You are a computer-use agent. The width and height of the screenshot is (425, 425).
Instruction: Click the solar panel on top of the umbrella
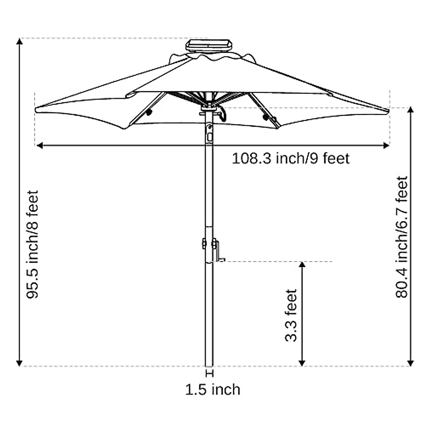pos(209,45)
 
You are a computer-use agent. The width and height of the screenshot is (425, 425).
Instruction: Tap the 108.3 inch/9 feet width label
pos(290,159)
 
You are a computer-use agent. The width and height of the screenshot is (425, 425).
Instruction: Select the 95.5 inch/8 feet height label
pos(33,244)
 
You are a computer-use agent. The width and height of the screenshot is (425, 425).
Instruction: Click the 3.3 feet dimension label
pos(291,315)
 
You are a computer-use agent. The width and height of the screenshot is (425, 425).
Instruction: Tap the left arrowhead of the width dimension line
pos(39,146)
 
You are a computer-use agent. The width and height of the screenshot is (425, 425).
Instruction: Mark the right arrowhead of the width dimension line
pos(386,146)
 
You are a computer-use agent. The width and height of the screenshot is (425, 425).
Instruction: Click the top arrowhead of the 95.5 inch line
pos(19,41)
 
